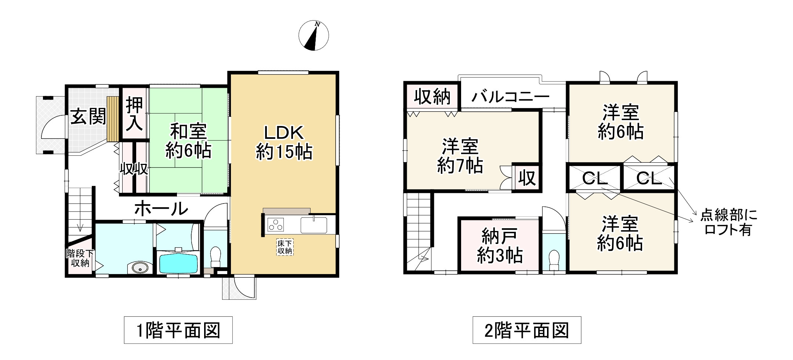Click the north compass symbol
(x=314, y=36)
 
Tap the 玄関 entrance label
(x=88, y=116)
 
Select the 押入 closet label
(x=135, y=114)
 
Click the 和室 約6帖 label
(x=188, y=141)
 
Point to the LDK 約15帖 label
(x=284, y=143)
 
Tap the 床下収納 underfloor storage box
(x=284, y=248)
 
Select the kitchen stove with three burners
(x=275, y=224)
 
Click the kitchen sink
(x=314, y=225)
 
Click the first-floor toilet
(x=216, y=256)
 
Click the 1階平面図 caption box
(x=178, y=330)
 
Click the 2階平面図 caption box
(x=527, y=330)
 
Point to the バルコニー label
(x=510, y=97)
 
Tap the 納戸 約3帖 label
(x=500, y=245)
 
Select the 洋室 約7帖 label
(x=460, y=156)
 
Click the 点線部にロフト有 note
(x=729, y=222)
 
